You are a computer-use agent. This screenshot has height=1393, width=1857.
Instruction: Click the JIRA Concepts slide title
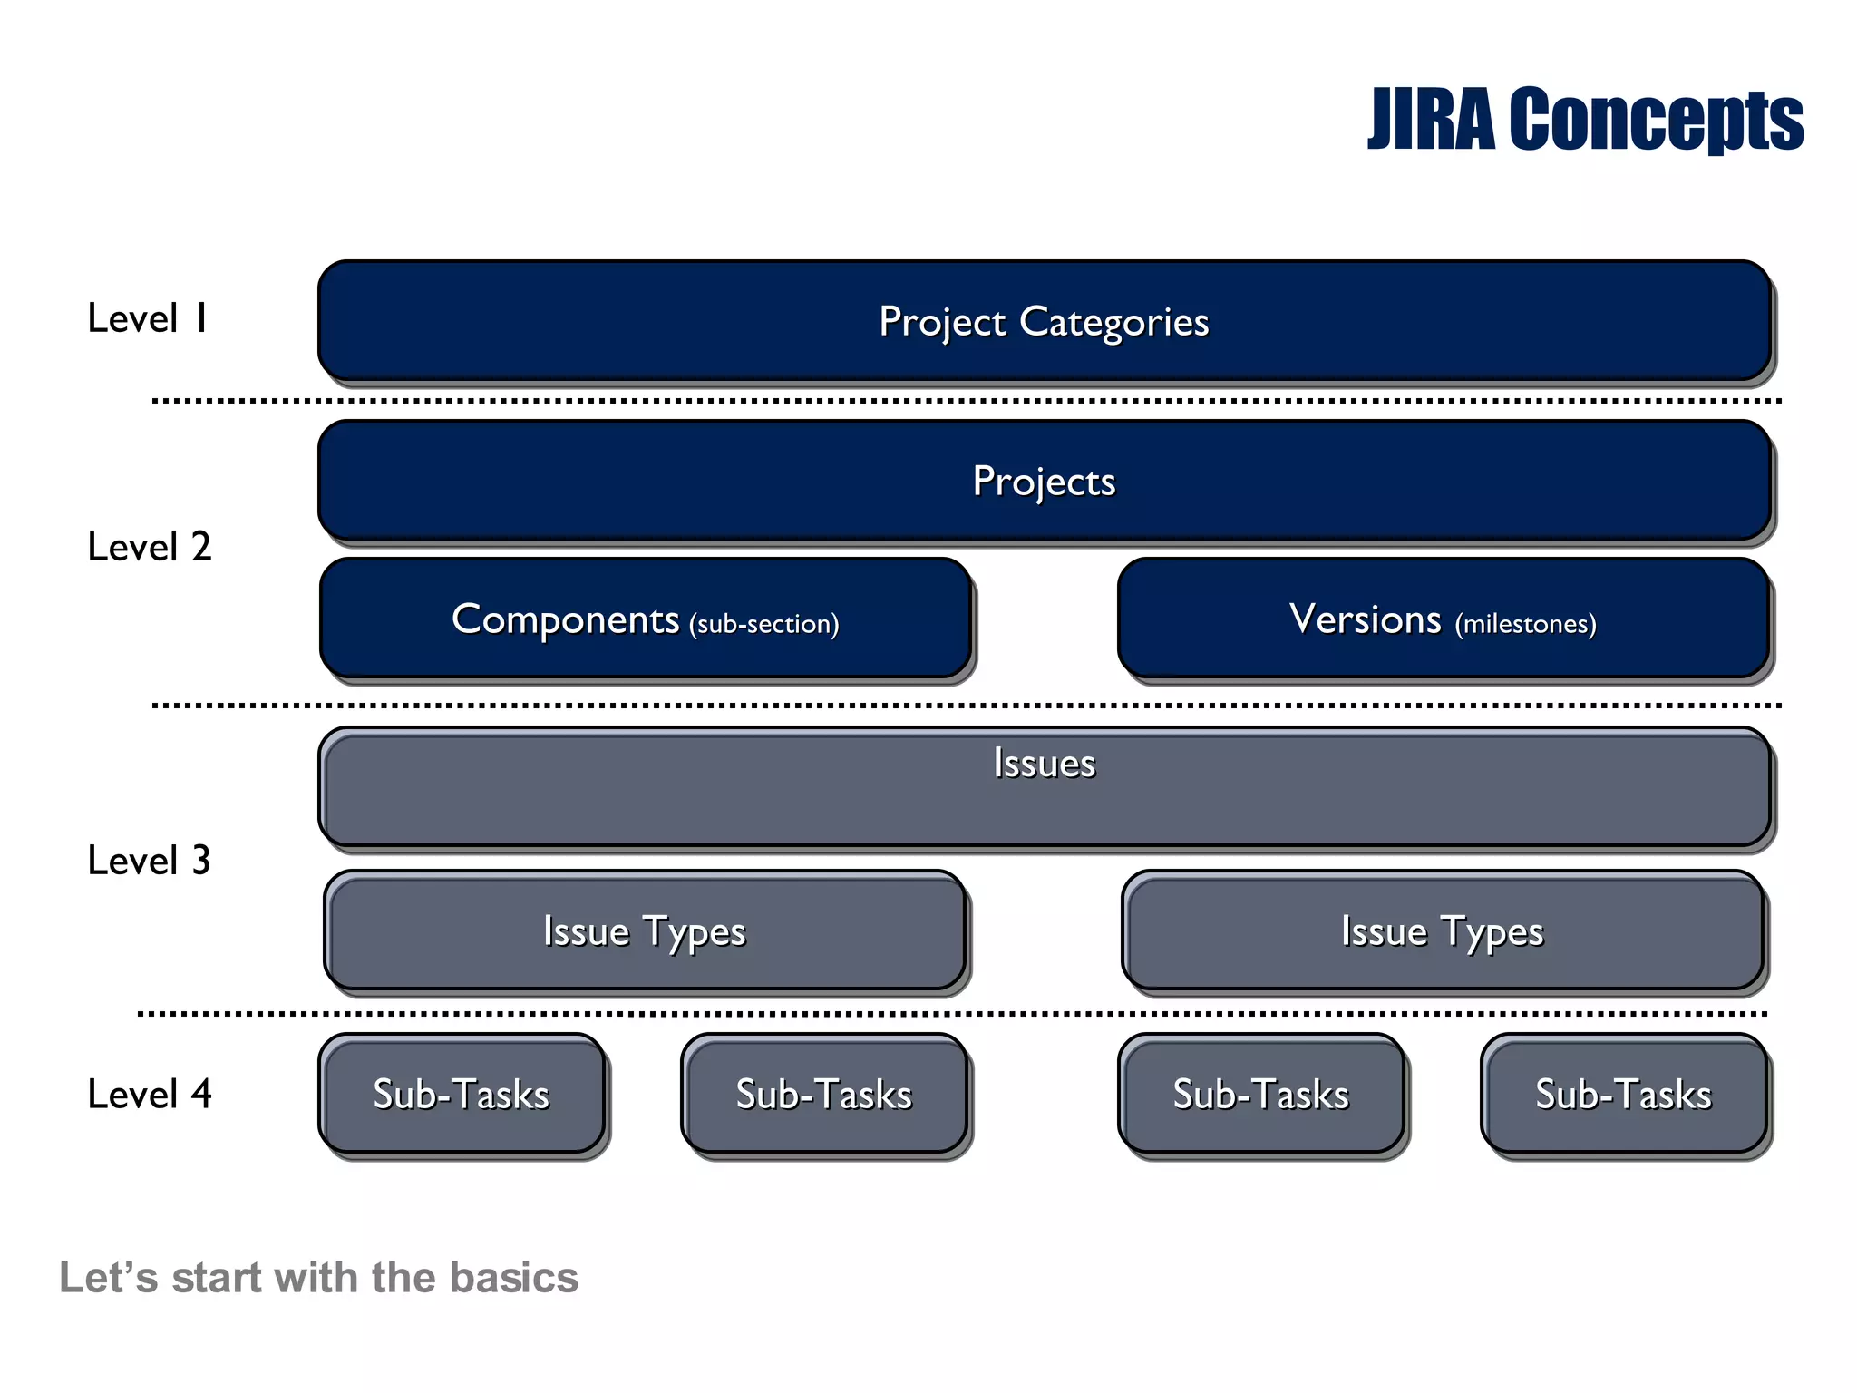[x=1584, y=120]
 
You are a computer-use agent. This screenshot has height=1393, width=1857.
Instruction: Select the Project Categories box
[x=1044, y=321]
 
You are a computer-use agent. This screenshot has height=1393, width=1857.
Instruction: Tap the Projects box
[x=1044, y=481]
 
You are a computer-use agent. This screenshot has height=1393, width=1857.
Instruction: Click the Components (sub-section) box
[x=645, y=619]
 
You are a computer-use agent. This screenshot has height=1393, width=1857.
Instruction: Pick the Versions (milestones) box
[x=1443, y=619]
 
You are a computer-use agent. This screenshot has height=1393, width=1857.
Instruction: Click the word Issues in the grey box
[x=1044, y=763]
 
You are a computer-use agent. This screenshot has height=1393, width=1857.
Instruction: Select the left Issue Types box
[x=645, y=931]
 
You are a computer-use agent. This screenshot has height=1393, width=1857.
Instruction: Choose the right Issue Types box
[x=1443, y=931]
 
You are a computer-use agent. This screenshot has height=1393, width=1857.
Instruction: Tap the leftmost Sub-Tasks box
[x=462, y=1095]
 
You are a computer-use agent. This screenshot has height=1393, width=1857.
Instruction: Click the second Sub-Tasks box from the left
[x=824, y=1095]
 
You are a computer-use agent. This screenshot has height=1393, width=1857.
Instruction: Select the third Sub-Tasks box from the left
[x=1261, y=1095]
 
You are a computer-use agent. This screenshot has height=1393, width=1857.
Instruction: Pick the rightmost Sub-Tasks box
[x=1624, y=1095]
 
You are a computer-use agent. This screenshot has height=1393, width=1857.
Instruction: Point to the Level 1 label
[x=149, y=318]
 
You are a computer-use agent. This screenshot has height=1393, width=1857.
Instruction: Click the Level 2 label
[x=149, y=547]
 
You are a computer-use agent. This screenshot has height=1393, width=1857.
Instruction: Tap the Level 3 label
[x=149, y=861]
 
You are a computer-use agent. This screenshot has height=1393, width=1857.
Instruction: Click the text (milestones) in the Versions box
[x=1525, y=624]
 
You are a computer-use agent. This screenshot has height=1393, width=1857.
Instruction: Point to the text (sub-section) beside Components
[x=763, y=624]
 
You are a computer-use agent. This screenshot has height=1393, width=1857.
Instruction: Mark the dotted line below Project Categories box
[x=967, y=400]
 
